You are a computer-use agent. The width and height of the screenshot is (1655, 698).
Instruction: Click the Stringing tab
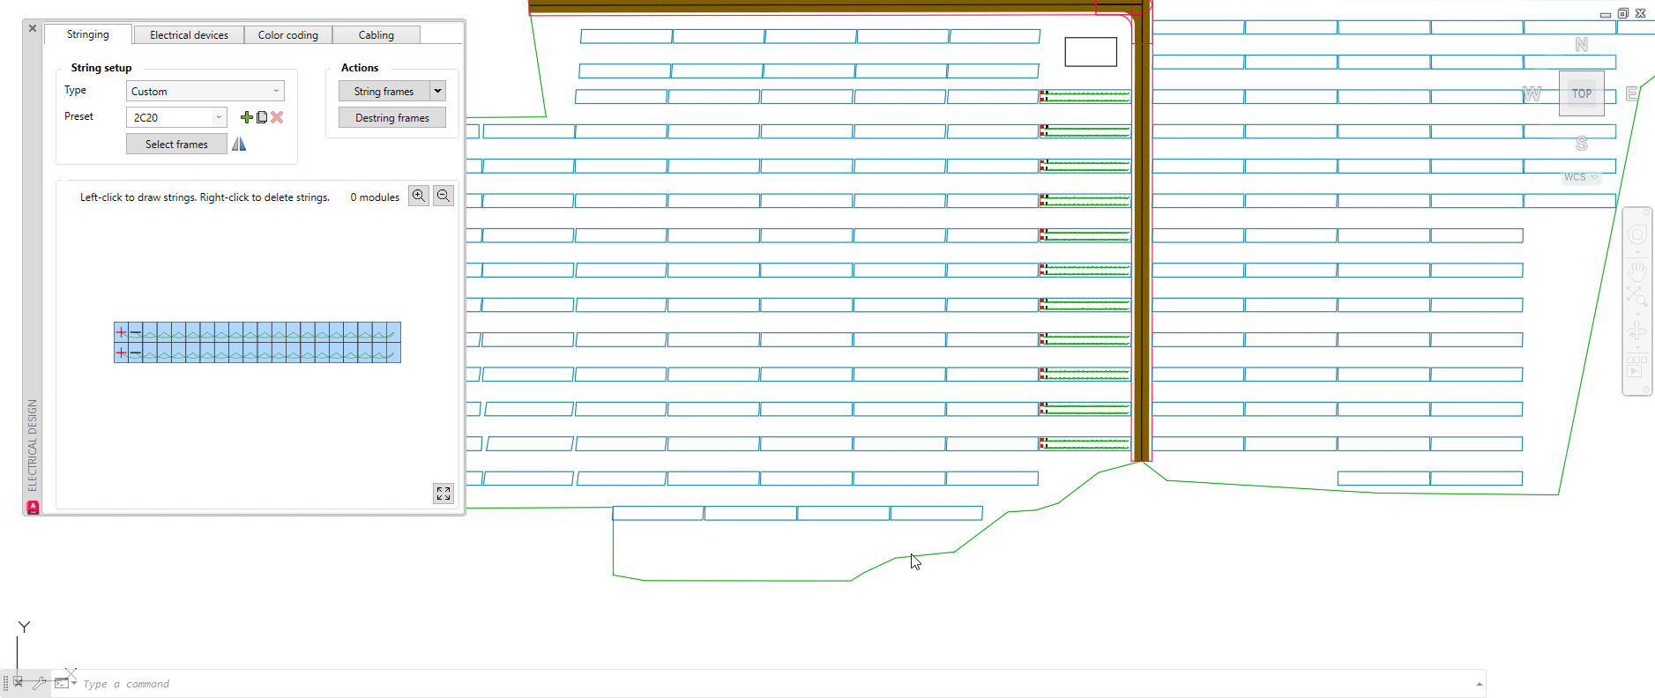tap(88, 34)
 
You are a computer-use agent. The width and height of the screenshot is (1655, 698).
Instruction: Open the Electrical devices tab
tap(189, 35)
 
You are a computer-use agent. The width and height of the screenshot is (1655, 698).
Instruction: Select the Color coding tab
tap(287, 35)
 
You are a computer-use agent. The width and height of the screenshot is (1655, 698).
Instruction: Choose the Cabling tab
tap(376, 35)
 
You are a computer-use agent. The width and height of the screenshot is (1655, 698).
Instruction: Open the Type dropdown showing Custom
tap(205, 91)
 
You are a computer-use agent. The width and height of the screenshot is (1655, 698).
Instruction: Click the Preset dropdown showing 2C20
tap(176, 117)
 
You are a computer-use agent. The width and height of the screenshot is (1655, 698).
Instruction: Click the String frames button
tap(384, 92)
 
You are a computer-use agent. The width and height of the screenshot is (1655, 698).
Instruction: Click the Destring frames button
tap(392, 118)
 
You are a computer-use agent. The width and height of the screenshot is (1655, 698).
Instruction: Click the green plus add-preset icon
tap(247, 117)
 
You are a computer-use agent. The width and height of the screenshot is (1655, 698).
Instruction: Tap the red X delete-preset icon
tap(277, 117)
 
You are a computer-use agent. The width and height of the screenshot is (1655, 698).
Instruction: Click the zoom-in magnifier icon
tap(419, 196)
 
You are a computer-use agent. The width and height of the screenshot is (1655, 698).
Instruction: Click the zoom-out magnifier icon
tap(444, 196)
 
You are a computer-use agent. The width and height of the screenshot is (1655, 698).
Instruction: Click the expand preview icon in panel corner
tap(444, 494)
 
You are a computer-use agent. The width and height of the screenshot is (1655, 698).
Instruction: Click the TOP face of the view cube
tap(1581, 93)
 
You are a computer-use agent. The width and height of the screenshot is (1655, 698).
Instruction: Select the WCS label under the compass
tap(1575, 177)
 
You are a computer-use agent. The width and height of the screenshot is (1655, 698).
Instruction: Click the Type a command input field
tap(705, 684)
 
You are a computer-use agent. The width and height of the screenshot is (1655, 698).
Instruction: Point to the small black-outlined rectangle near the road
tap(1091, 52)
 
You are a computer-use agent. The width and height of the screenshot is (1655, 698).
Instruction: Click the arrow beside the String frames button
tap(437, 91)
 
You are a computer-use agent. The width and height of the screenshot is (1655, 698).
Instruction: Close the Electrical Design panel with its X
tap(33, 28)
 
